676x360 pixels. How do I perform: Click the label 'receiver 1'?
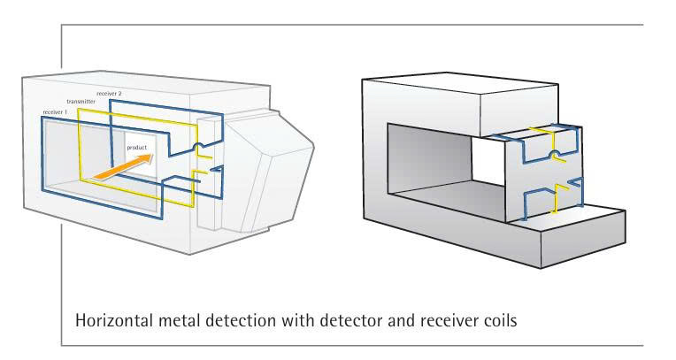[x=56, y=112]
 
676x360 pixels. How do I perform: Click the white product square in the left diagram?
[x=138, y=159]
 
